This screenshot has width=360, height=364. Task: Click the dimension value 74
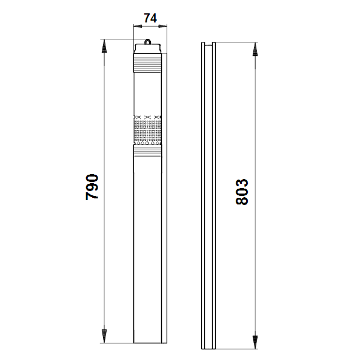coord(150,18)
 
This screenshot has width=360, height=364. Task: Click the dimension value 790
coord(92,187)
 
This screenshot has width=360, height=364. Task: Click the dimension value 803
coord(242,192)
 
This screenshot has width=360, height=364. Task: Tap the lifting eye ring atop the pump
coord(147,41)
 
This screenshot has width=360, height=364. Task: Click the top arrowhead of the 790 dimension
coord(104,46)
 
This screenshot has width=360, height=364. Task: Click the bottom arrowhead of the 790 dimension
coord(104,336)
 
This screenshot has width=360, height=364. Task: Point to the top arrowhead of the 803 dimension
coord(255,49)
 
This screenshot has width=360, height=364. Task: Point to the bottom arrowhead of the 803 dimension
coord(255,342)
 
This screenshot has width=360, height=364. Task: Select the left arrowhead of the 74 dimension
coord(138,26)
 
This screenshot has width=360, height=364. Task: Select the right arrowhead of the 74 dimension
coord(162,26)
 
